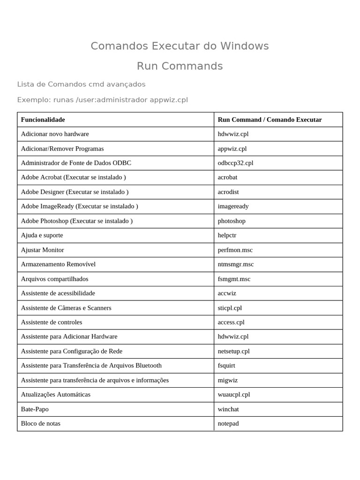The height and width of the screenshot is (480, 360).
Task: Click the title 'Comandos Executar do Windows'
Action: [x=180, y=46]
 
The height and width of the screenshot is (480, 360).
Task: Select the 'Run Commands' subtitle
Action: [x=180, y=66]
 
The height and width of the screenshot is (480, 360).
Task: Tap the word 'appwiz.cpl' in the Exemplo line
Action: [x=169, y=100]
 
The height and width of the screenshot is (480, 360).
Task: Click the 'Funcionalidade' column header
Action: [x=43, y=120]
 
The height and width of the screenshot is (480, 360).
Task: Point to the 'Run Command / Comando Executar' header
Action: [x=270, y=120]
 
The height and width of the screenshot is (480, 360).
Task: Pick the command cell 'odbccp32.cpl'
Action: [x=235, y=163]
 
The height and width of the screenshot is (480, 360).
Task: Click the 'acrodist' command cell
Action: [x=228, y=192]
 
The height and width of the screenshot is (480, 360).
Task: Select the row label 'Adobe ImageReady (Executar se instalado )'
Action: [x=79, y=206]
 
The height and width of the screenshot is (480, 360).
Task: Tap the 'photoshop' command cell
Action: [x=232, y=221]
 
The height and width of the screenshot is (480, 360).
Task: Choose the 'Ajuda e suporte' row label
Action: [x=42, y=235]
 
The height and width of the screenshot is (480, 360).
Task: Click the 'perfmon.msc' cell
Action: [x=235, y=250]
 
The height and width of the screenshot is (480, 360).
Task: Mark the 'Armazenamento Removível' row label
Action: [x=58, y=264]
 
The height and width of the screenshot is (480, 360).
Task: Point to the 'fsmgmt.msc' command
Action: [x=234, y=279]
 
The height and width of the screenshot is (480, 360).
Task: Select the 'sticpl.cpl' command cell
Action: [x=230, y=308]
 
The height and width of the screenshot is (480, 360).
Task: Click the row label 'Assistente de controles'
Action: [x=52, y=322]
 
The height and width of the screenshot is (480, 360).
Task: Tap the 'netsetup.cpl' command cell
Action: [x=233, y=351]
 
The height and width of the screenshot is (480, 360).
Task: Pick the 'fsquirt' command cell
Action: [x=226, y=366]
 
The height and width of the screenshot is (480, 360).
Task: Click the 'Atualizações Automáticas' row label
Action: [x=56, y=395]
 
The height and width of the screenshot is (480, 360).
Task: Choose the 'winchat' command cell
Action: [x=228, y=409]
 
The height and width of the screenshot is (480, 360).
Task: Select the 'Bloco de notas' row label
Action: [x=41, y=424]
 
